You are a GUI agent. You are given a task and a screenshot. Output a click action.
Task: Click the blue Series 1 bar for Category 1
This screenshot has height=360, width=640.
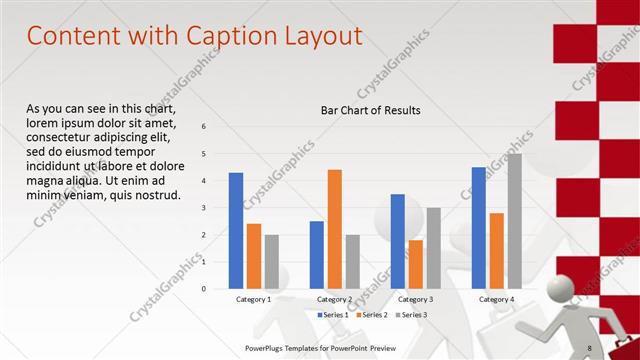[x=236, y=231]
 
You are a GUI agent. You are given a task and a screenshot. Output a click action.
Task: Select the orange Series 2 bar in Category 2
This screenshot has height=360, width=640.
[x=334, y=229]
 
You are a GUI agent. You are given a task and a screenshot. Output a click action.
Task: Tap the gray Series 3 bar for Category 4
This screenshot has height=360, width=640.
[x=514, y=221]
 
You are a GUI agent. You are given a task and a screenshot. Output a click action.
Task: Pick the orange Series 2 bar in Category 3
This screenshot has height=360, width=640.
[x=415, y=264]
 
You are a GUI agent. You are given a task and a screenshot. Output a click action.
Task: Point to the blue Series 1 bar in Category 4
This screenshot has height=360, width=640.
[x=479, y=228]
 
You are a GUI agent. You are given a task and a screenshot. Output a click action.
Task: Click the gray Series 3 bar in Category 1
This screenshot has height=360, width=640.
[x=271, y=262]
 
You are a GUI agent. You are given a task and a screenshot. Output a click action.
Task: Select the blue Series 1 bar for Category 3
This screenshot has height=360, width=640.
[x=398, y=241]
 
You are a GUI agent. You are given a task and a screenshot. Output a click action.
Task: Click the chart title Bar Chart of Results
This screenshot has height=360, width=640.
[x=370, y=110]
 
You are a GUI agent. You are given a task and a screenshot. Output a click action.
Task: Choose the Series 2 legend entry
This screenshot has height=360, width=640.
[x=372, y=315]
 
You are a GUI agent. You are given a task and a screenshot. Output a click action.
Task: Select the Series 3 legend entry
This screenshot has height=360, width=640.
[x=410, y=315]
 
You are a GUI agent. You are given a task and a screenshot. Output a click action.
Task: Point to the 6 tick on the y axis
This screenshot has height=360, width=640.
[x=204, y=127]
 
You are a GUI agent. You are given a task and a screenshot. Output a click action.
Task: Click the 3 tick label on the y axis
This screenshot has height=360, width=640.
[x=204, y=208]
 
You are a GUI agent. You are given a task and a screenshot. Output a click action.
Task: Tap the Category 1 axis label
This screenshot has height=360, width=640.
[x=253, y=299]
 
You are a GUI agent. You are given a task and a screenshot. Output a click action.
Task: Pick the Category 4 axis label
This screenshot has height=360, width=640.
[x=496, y=299]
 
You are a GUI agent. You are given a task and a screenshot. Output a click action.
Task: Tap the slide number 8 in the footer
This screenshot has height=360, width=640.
[x=589, y=348]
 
